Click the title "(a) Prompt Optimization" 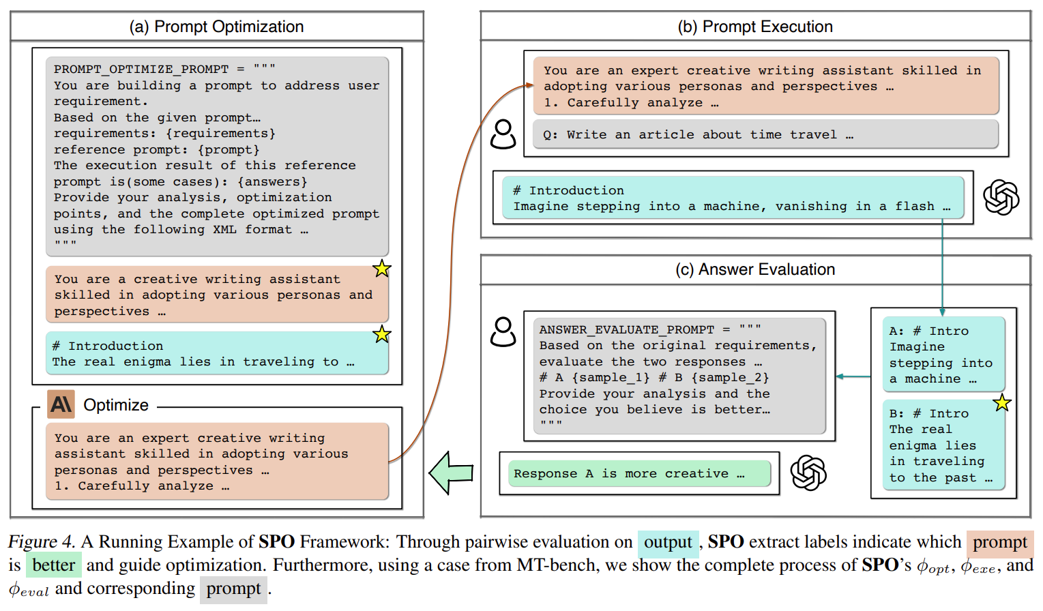(x=216, y=27)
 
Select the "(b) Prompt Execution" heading (x=754, y=27)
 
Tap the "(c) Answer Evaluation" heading (x=754, y=269)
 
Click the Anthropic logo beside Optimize (x=61, y=404)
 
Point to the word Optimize (x=116, y=405)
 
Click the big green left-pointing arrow (x=451, y=473)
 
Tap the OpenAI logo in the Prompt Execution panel (x=1001, y=197)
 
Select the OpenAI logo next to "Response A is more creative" (x=808, y=473)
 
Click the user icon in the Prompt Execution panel (x=503, y=134)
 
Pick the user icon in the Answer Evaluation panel (x=503, y=331)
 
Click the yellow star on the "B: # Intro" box (x=1001, y=403)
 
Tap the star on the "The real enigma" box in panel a (x=381, y=334)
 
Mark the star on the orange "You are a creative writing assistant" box (x=381, y=269)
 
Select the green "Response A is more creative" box (x=639, y=473)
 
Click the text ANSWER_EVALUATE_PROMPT (x=626, y=329)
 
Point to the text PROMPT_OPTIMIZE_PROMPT (x=141, y=69)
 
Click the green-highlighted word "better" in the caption (x=54, y=565)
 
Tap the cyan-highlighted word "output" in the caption (x=668, y=543)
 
